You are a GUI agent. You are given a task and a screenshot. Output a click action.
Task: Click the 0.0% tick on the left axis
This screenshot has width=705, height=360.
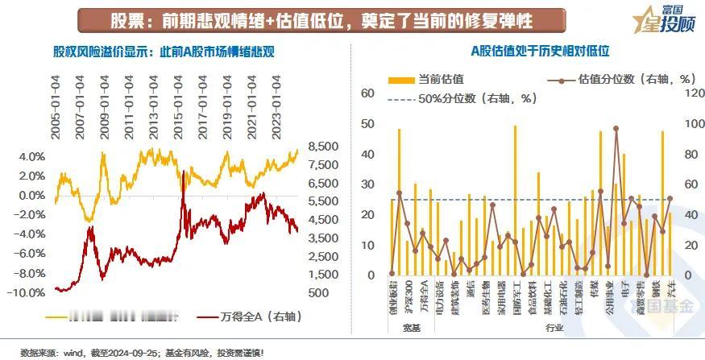point(30,195)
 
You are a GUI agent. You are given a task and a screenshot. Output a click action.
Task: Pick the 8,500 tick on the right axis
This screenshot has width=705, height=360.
point(321,146)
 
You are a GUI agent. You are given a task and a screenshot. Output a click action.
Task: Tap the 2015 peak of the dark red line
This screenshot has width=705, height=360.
point(184,172)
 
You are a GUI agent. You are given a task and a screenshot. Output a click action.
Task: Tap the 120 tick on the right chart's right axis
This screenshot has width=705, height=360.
point(686,93)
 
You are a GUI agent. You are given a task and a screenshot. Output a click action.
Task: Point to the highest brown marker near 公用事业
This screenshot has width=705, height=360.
point(616,128)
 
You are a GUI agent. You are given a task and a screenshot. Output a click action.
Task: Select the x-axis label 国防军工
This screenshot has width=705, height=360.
point(516,296)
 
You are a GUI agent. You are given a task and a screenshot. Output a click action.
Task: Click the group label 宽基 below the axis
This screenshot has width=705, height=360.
point(412,327)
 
